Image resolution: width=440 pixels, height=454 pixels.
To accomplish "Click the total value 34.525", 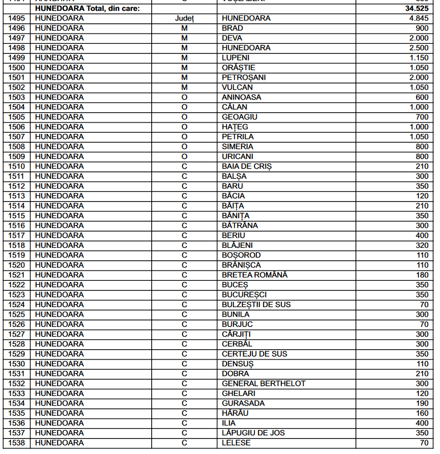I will click(x=417, y=9).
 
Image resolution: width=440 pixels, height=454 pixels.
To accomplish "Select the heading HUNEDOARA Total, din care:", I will click(x=87, y=9).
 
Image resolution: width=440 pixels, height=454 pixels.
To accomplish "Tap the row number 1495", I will click(x=17, y=18).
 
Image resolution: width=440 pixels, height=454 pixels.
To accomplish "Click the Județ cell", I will click(x=184, y=18).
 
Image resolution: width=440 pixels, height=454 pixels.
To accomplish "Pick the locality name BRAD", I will click(x=232, y=28).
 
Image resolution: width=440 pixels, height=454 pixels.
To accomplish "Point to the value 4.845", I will click(x=418, y=18).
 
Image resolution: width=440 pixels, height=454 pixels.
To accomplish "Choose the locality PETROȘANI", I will click(x=244, y=77).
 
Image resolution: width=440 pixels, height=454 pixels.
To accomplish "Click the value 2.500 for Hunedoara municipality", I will click(x=418, y=48).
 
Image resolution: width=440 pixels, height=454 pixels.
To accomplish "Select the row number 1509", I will click(x=17, y=156).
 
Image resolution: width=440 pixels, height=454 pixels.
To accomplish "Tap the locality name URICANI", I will click(x=237, y=156).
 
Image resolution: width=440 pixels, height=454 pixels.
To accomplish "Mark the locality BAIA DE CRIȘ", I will click(x=247, y=166).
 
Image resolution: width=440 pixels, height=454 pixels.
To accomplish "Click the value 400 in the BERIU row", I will click(x=422, y=235).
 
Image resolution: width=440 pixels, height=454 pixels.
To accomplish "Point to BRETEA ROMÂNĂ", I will click(x=255, y=275).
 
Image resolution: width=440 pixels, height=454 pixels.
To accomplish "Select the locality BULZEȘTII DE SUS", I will click(x=256, y=304).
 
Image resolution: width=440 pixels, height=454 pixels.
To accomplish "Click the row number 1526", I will click(x=17, y=324).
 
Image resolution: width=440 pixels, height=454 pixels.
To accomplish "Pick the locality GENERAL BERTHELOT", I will click(x=264, y=383).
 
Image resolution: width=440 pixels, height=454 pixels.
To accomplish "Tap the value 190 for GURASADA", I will click(x=422, y=403).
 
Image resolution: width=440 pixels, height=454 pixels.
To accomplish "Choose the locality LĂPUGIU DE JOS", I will click(x=253, y=433).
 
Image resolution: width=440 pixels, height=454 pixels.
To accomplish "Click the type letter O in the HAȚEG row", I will click(x=184, y=126).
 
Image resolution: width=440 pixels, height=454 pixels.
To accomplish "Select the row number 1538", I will click(x=17, y=443).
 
